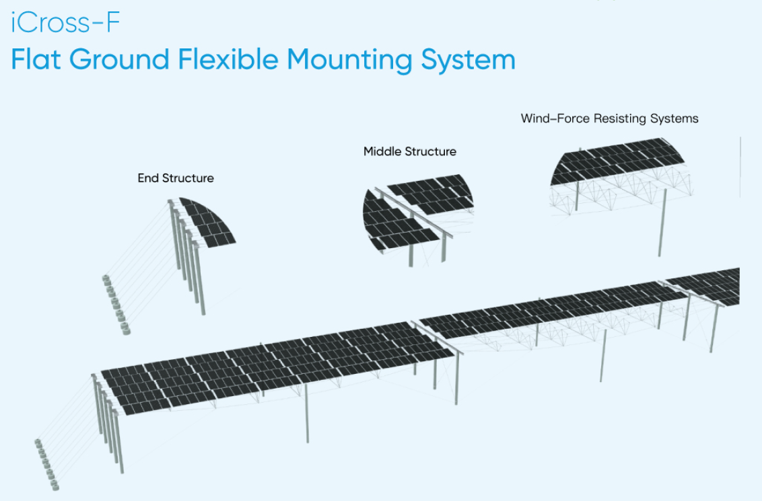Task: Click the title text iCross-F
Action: point(65,24)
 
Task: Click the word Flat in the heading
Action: point(40,60)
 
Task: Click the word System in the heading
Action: point(469,61)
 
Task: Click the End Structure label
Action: point(176,178)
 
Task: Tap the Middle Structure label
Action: point(409,151)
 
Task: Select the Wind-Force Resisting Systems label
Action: point(609,118)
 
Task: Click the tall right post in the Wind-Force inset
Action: point(662,222)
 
